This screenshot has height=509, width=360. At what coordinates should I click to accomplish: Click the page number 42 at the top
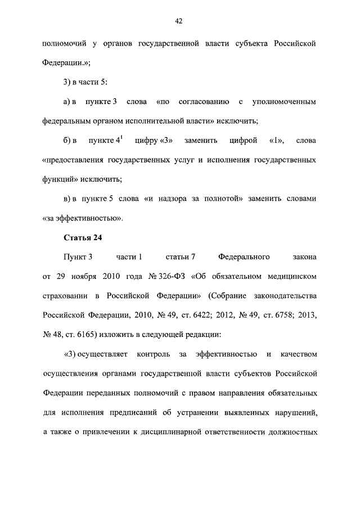[178, 21]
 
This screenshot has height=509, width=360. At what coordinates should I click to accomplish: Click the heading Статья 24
[82, 237]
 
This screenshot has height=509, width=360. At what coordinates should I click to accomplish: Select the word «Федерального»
[243, 257]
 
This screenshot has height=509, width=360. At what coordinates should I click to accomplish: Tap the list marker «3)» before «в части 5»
[67, 83]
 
